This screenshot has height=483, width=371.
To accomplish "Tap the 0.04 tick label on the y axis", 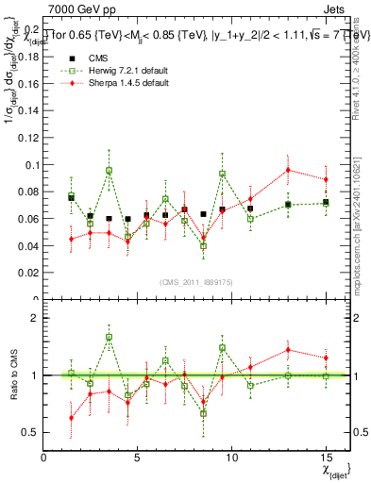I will [27, 246].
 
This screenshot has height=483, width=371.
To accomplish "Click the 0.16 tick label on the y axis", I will [27, 83].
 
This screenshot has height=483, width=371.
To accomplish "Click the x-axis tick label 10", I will [231, 458].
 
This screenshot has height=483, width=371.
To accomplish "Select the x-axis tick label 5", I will [138, 458].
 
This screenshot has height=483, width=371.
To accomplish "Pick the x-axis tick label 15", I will [326, 458].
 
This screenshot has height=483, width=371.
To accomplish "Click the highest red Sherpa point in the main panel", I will [288, 170].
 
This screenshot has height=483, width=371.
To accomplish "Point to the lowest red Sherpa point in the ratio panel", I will [72, 418].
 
